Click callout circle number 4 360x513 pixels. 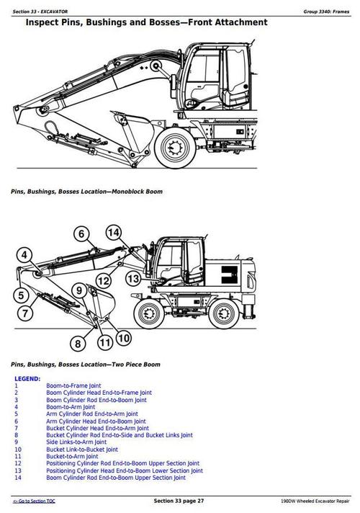[25, 254]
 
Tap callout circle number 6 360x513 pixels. [81, 234]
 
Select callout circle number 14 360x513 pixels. [114, 232]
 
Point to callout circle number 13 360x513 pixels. [133, 278]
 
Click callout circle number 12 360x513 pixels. [104, 280]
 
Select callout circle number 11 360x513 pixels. [105, 342]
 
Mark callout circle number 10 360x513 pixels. [123, 337]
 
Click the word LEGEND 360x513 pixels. [27, 378]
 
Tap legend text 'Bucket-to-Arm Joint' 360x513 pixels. [72, 456]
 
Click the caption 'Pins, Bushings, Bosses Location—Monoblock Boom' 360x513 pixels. [86, 192]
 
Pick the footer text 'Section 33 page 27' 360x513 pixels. [179, 500]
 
